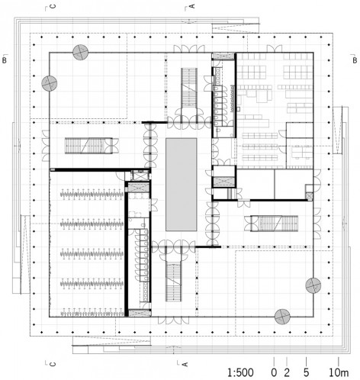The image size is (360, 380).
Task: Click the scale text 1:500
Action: pyautogui.click(x=240, y=373)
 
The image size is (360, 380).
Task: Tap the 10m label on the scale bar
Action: pyautogui.click(x=339, y=373)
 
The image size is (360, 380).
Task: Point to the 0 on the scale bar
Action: pyautogui.click(x=274, y=373)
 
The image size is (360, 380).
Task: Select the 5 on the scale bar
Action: pyautogui.click(x=306, y=373)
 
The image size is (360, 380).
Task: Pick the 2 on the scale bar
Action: pyautogui.click(x=287, y=373)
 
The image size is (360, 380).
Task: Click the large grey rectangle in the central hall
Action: pyautogui.click(x=182, y=185)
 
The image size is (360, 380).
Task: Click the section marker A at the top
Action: pyautogui.click(x=192, y=5)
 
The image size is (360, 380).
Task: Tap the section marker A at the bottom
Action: pyautogui.click(x=185, y=364)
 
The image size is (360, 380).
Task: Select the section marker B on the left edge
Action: pyautogui.click(x=5, y=60)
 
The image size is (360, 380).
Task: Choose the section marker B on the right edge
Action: pyautogui.click(x=355, y=60)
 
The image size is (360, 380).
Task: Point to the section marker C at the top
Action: pyautogui.click(x=53, y=6)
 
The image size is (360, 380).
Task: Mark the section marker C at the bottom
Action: pyautogui.click(x=53, y=364)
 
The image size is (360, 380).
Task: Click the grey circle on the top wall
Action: pyautogui.click(x=80, y=53)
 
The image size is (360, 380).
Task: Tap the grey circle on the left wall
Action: pyautogui.click(x=50, y=83)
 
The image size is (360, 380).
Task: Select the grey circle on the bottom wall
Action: pyautogui.click(x=282, y=317)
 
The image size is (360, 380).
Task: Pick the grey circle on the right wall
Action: pyautogui.click(x=313, y=285)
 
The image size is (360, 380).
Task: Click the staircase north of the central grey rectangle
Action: pyautogui.click(x=189, y=88)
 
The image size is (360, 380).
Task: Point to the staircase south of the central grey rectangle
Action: pyautogui.click(x=174, y=282)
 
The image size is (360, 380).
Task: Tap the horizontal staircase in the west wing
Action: pyautogui.click(x=88, y=146)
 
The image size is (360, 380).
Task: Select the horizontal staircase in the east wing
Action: pyautogui.click(x=274, y=224)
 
